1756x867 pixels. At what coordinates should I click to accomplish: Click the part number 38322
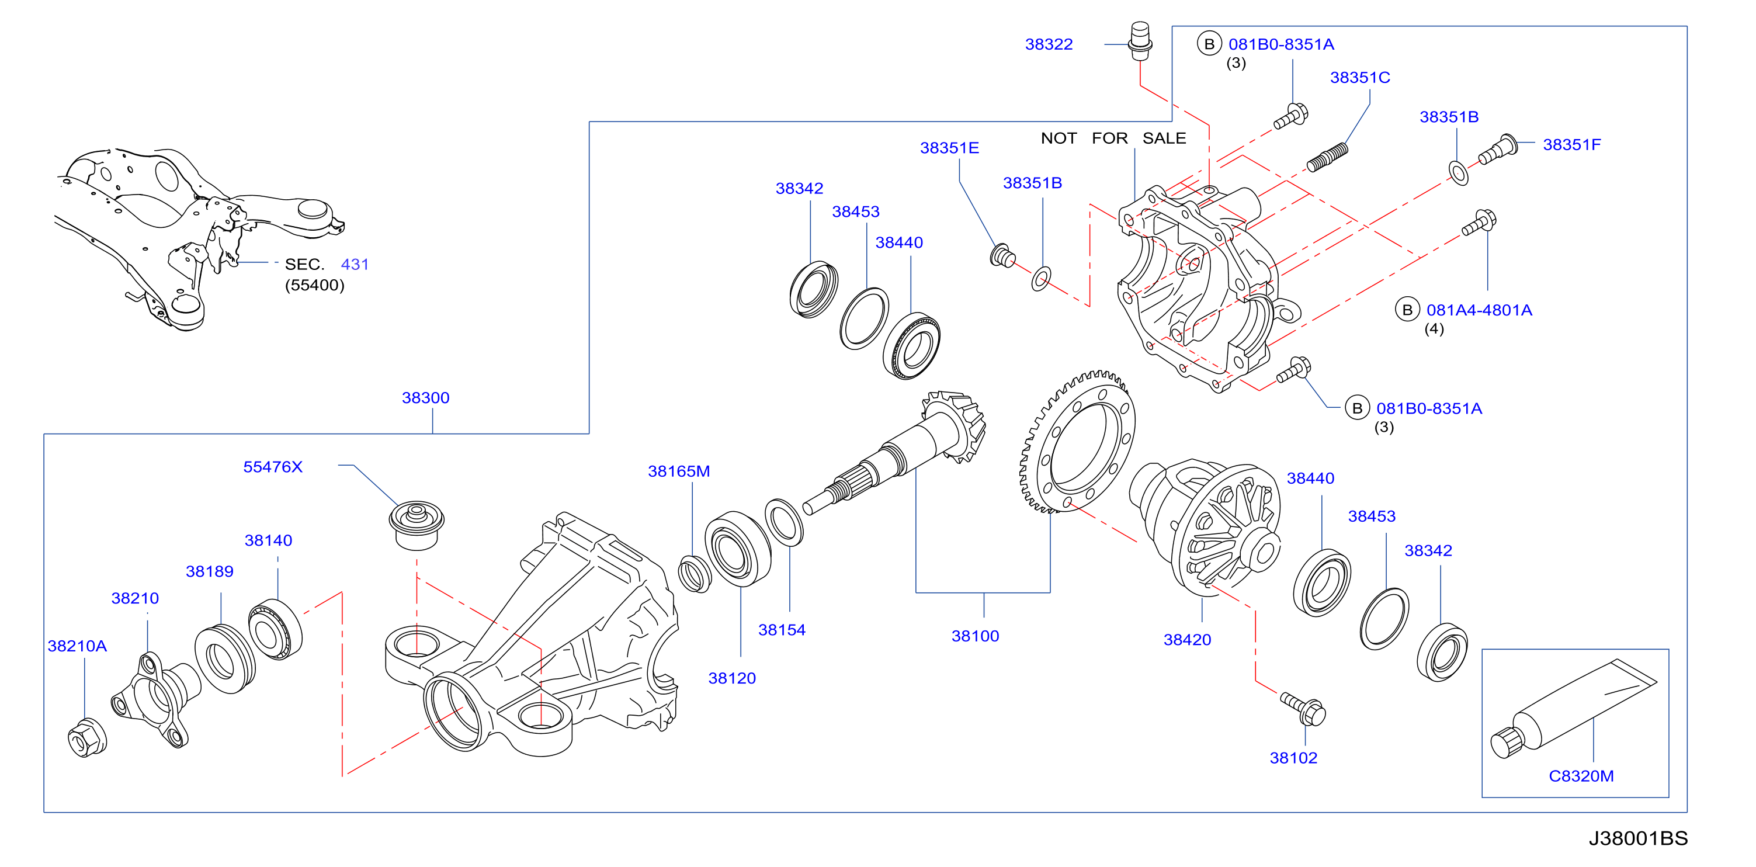(x=1049, y=44)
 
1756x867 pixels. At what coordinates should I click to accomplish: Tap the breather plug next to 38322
(x=1140, y=41)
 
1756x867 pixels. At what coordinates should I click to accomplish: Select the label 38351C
(x=1360, y=78)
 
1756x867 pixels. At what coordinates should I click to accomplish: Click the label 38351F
(x=1572, y=144)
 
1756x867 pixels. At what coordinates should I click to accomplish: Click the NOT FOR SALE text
(x=1113, y=138)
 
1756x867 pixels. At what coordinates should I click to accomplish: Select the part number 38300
(x=425, y=397)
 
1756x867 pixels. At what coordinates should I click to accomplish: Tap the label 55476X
(x=273, y=467)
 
